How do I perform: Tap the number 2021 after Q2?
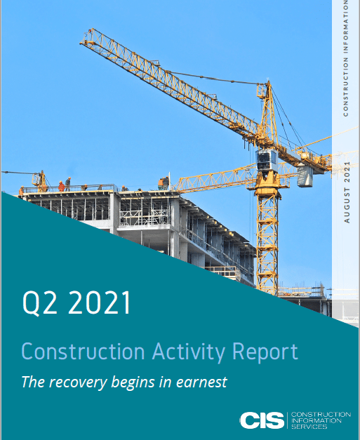100,302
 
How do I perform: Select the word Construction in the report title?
83,351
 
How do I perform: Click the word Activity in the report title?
189,352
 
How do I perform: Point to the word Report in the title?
265,352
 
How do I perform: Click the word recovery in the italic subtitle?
78,382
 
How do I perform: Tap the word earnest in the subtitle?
201,382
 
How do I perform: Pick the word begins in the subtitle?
133,382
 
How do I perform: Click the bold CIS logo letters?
262,420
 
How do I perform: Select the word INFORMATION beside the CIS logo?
316,420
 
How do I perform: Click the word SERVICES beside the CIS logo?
309,427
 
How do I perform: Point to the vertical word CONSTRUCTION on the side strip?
346,87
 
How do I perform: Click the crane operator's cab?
267,160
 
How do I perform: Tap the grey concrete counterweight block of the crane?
305,176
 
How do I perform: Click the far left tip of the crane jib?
80,44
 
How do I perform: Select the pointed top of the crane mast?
269,81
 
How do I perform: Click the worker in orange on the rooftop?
61,186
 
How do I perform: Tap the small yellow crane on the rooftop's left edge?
41,181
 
